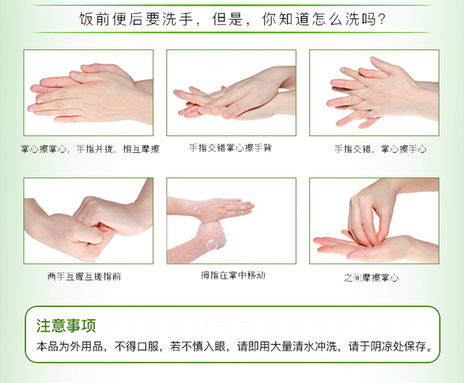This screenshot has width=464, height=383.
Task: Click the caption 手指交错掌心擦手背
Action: pyautogui.click(x=230, y=147)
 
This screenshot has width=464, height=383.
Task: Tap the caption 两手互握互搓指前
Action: pyautogui.click(x=85, y=277)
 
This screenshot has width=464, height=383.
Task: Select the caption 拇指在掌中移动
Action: pyautogui.click(x=233, y=276)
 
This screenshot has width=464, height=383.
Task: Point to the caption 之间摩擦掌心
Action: pyautogui.click(x=371, y=278)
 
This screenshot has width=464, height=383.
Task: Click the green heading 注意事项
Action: pyautogui.click(x=66, y=325)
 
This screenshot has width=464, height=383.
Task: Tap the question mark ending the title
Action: pyautogui.click(x=381, y=19)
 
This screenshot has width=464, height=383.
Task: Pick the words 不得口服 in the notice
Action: pyautogui.click(x=136, y=347)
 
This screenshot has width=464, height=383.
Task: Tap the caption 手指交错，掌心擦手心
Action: pyautogui.click(x=380, y=149)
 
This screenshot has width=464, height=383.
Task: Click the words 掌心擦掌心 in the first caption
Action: pyautogui.click(x=44, y=149)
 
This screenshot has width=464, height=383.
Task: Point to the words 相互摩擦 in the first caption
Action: pyautogui.click(x=141, y=149)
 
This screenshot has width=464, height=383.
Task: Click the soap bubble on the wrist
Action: pyautogui.click(x=196, y=211)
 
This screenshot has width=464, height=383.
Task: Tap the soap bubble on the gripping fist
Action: pyautogui.click(x=211, y=244)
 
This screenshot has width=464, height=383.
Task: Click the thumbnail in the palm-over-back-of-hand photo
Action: pyautogui.click(x=227, y=113)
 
